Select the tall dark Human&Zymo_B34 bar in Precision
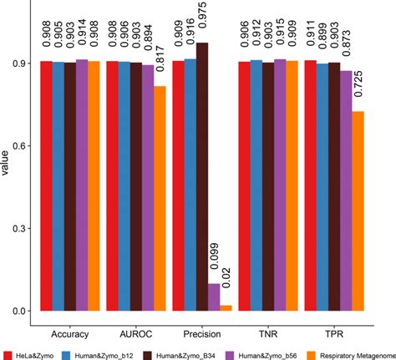[x=202, y=176]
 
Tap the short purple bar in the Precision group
[x=215, y=297]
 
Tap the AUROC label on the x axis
[x=135, y=332]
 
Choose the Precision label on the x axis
[x=201, y=332]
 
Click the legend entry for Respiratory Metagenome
[x=351, y=354]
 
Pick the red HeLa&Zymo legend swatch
[x=8, y=354]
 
